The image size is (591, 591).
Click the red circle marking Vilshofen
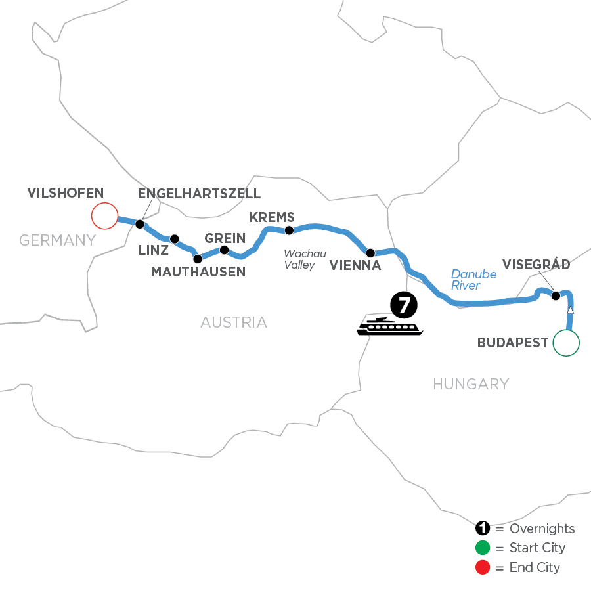coord(104,215)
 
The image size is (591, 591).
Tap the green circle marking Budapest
coord(566,342)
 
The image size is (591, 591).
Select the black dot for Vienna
coord(370,253)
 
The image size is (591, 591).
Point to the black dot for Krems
coord(288,230)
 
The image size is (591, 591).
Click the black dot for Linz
coord(174,239)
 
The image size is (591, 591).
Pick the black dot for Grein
coord(224,250)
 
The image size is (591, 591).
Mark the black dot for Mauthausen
coord(198,259)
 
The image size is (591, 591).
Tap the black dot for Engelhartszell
coord(139,224)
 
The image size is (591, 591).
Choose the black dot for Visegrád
coord(556,295)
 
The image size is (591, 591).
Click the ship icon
coord(390,326)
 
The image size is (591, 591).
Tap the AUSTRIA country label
coord(234,322)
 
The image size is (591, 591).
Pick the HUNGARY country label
coord(471,383)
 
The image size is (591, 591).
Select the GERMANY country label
coord(58,240)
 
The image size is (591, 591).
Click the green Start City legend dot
coord(483,548)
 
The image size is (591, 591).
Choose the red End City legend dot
coord(483,567)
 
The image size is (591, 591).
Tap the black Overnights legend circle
coord(483,529)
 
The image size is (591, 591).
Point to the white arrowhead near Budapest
coord(571,310)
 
